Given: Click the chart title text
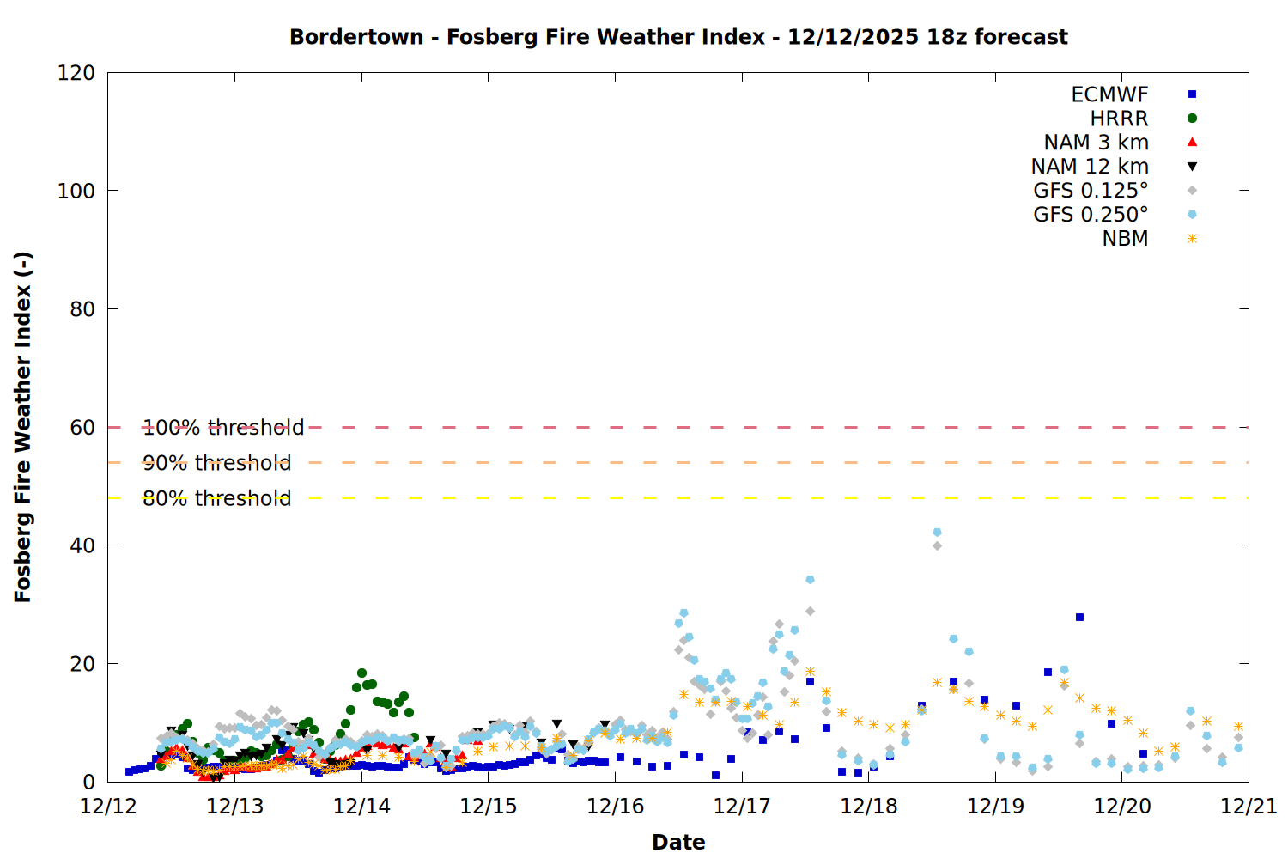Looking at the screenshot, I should pos(678,37).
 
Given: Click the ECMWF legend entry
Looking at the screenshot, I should pos(1109,94).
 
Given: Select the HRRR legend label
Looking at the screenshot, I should pos(1119,119).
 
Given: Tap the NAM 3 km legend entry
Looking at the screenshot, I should pos(1096,143).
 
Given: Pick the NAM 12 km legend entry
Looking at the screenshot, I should pos(1090,167).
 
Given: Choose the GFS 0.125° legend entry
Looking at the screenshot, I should pos(1091,191).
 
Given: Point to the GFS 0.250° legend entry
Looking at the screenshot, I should pos(1091,215).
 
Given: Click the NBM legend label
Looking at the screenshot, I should pos(1125,239).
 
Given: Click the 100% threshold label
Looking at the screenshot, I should pos(223,428).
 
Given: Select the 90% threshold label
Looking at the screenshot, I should pos(217,463).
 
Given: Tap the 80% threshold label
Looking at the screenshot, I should pos(217,498).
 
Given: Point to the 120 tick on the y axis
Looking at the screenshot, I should pos(76,73).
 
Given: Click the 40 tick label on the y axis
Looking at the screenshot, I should pos(82,545).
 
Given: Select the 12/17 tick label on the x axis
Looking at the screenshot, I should pos(742,807).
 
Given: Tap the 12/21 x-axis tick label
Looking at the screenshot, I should pos(1249,807).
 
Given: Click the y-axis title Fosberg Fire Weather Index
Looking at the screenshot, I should pos(23,427).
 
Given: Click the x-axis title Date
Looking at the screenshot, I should pos(678,842).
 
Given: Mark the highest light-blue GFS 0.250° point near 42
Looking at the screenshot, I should pos(937,533).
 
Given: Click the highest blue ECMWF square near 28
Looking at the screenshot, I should pos(1079,618).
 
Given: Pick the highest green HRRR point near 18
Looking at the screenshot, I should pos(361,673).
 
